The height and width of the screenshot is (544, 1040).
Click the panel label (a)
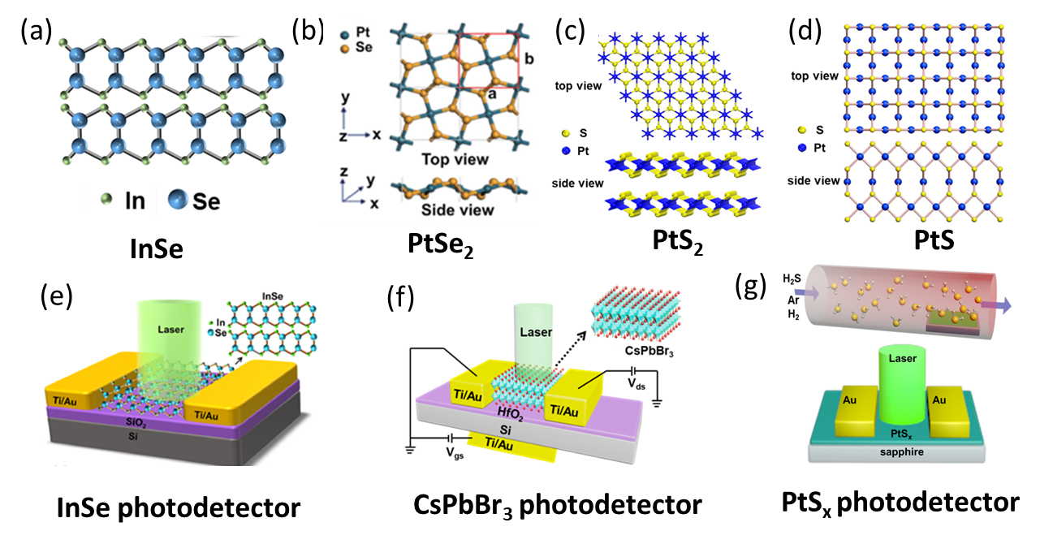[x=31, y=32]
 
